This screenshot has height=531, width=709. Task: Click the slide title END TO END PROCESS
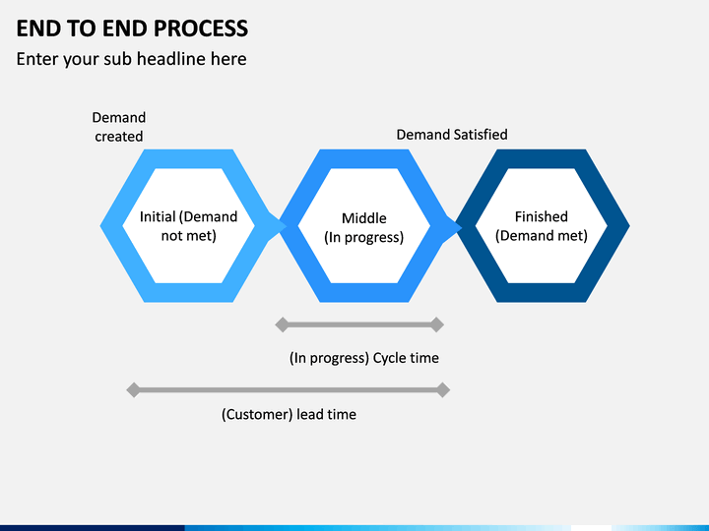(132, 28)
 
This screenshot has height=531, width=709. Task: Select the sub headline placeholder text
(132, 59)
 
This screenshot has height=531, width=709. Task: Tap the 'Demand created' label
(119, 127)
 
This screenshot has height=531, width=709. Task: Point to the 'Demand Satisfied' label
(452, 135)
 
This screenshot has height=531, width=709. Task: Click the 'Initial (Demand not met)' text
(188, 226)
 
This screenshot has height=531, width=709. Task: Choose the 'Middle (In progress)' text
(364, 227)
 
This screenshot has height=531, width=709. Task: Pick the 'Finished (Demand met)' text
(542, 226)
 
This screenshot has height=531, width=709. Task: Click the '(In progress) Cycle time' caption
(364, 358)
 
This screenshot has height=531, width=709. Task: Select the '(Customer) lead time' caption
(289, 415)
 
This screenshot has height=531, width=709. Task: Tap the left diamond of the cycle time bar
(283, 324)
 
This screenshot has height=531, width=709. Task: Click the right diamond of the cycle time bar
(437, 324)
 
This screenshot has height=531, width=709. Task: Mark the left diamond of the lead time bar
(133, 389)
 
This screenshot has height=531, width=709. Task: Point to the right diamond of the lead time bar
(443, 389)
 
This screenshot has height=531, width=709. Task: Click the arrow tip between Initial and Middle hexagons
(287, 226)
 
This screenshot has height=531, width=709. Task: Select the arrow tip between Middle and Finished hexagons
(462, 226)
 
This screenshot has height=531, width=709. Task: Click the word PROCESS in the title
(201, 28)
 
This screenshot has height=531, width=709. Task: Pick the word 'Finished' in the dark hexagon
(542, 216)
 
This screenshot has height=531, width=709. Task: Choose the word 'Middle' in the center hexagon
(364, 218)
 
